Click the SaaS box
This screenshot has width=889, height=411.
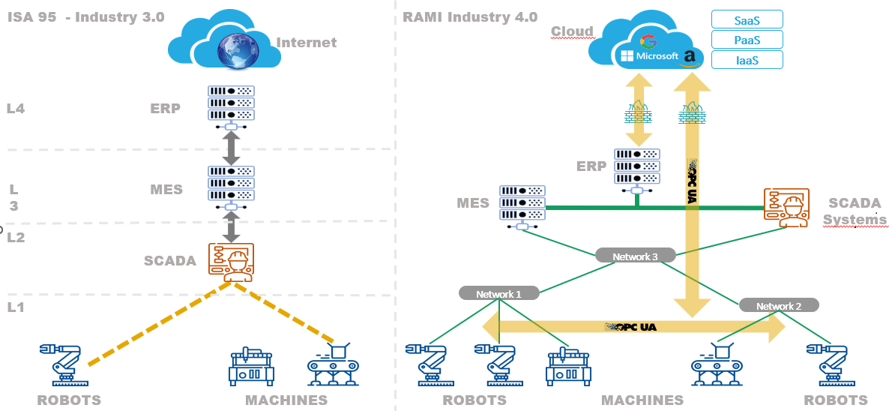[746, 19]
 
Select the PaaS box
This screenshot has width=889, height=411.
[746, 39]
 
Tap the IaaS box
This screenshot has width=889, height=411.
[746, 60]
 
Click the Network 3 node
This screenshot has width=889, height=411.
[635, 256]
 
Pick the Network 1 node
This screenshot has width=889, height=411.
[498, 294]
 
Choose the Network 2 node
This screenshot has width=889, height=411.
[779, 306]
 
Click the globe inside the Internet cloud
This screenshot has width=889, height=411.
[237, 51]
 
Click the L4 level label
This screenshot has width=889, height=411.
[16, 108]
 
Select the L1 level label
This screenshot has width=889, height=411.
[16, 307]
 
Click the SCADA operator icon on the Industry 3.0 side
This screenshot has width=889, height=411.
[231, 262]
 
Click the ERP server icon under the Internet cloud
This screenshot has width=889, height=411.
[231, 105]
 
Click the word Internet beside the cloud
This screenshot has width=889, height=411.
[307, 43]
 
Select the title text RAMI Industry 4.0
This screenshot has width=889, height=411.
[470, 16]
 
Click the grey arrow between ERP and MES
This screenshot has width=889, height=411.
[231, 148]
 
